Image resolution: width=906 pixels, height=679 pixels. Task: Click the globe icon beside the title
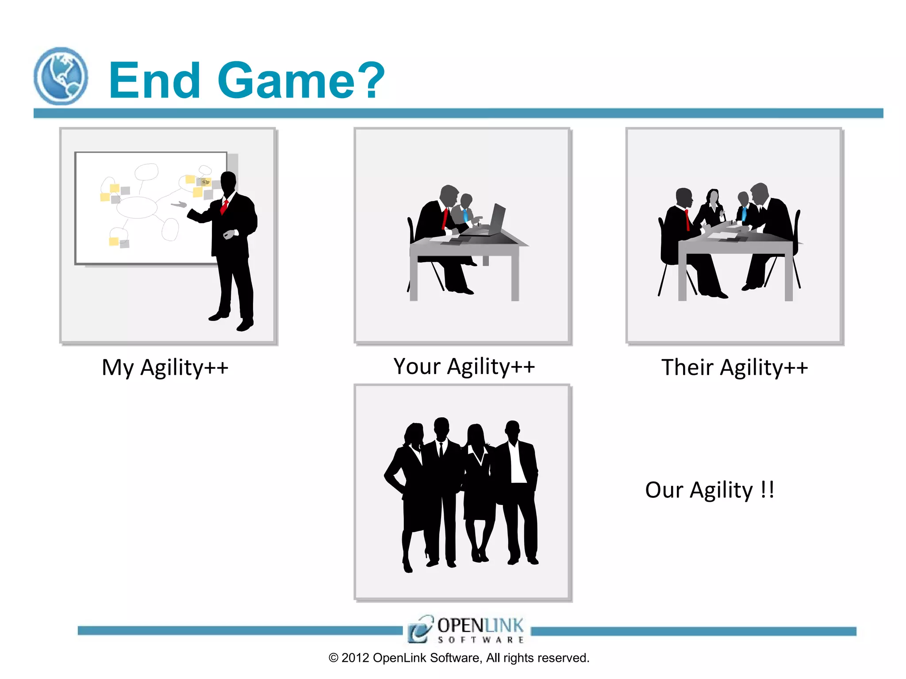pos(61,76)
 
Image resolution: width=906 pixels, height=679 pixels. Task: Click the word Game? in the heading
pos(301,80)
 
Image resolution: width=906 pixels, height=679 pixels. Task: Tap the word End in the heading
pos(154,80)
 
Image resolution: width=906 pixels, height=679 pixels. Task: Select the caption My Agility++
pos(165,368)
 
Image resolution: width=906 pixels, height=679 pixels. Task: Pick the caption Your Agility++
pos(464,367)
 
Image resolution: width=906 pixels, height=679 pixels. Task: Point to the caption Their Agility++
pos(734,368)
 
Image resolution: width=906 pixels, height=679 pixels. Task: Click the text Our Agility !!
pos(710,490)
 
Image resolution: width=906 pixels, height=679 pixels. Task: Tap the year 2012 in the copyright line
pos(355,658)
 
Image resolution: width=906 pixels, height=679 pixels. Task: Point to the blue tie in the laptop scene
pos(465,216)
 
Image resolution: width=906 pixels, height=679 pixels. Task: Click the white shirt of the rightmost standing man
pos(516,464)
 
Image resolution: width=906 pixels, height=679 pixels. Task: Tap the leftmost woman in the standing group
pos(409,486)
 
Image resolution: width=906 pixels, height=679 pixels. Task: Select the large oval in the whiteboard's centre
pos(137,207)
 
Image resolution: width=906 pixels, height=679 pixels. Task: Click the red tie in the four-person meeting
pos(687,220)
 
